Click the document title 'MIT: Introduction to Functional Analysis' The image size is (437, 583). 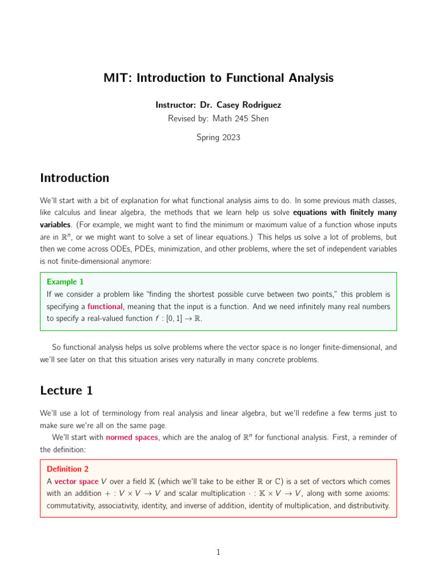click(218, 77)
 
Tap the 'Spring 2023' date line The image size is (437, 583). click(218, 137)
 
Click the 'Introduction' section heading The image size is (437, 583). click(75, 178)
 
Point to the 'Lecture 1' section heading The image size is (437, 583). click(66, 391)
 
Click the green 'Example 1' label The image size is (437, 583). click(65, 282)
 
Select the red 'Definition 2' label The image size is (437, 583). click(68, 469)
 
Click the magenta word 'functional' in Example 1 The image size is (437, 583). click(105, 306)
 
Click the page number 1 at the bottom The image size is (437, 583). click(218, 552)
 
